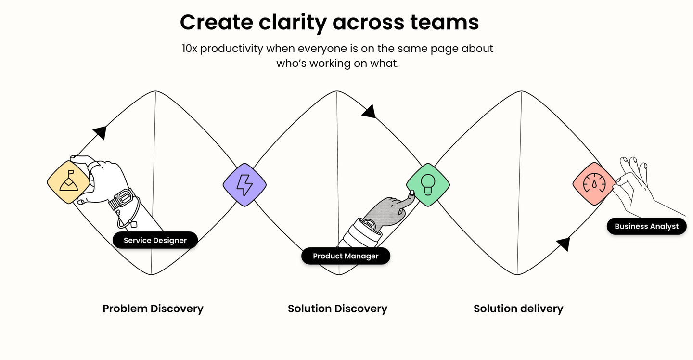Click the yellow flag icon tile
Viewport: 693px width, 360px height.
point(68,182)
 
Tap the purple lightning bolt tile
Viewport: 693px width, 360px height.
point(244,185)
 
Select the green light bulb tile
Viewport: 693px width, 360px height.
point(428,185)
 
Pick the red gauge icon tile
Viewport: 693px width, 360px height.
point(594,184)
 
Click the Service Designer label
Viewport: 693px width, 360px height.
point(155,240)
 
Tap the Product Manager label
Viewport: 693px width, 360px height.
point(346,256)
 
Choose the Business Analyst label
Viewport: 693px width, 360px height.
point(647,226)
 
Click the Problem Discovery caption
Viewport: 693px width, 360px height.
point(153,309)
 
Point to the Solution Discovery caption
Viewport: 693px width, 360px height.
point(337,309)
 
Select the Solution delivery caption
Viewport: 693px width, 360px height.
point(518,309)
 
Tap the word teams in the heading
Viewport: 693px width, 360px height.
point(445,22)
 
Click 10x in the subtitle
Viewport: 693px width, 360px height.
point(189,49)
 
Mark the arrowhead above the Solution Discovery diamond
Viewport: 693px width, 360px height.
point(369,111)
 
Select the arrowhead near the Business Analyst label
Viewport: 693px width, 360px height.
point(564,244)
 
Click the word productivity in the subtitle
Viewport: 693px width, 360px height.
point(231,49)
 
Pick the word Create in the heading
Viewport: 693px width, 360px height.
point(217,22)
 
